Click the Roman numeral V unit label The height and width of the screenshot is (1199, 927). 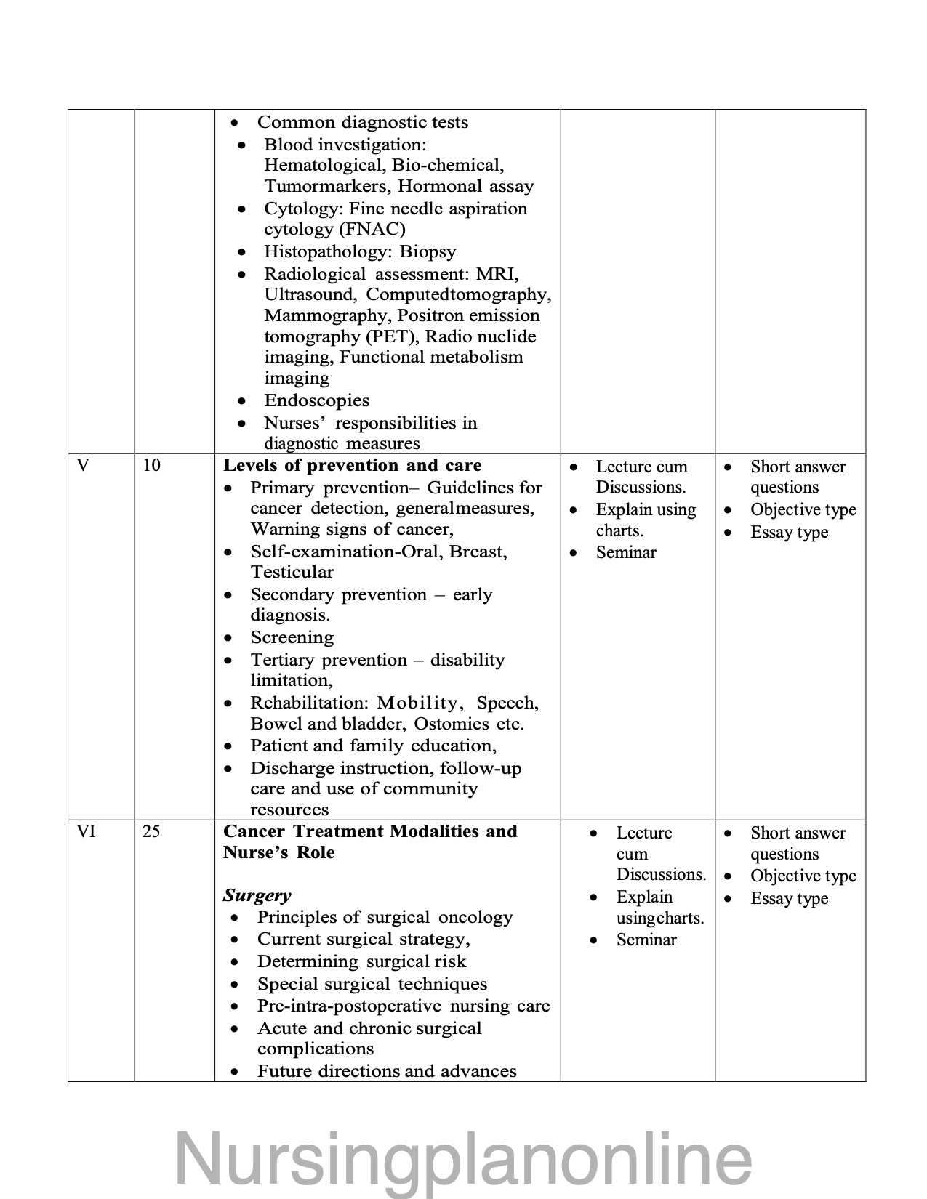83,466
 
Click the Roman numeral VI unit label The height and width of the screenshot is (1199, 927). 87,832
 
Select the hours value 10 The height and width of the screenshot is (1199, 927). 151,466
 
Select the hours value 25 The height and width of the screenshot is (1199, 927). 151,832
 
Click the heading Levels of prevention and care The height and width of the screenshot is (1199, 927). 352,466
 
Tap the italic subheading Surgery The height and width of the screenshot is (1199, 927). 257,895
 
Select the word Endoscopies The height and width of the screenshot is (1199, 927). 316,401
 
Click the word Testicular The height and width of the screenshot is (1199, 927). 292,573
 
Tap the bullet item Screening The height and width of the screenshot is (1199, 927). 292,638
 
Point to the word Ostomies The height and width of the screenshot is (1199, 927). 451,724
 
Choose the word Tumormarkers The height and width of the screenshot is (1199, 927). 327,187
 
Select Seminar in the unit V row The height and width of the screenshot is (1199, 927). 625,553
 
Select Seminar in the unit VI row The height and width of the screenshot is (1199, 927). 646,940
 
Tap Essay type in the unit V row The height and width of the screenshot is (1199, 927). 789,533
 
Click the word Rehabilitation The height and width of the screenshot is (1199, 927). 310,703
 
